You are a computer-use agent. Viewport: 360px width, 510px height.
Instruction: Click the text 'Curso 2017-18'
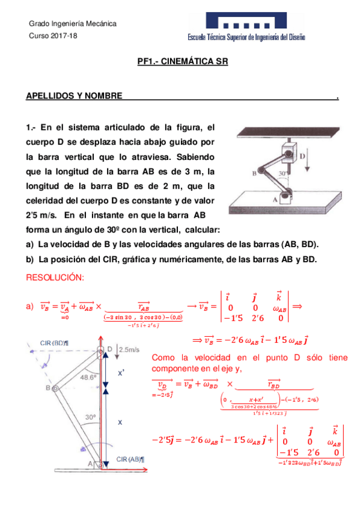coord(49,36)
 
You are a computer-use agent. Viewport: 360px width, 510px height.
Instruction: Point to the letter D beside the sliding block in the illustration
coord(302,156)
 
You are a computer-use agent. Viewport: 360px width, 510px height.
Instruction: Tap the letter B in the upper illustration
coord(255,173)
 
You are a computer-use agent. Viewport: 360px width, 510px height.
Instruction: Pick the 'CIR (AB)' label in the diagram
coord(130,459)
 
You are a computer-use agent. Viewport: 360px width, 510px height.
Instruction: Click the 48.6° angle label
coord(88,378)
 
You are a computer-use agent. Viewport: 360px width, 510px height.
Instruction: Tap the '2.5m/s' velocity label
coord(127,349)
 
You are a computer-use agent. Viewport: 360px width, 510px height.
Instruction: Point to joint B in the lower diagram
coord(54,389)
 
